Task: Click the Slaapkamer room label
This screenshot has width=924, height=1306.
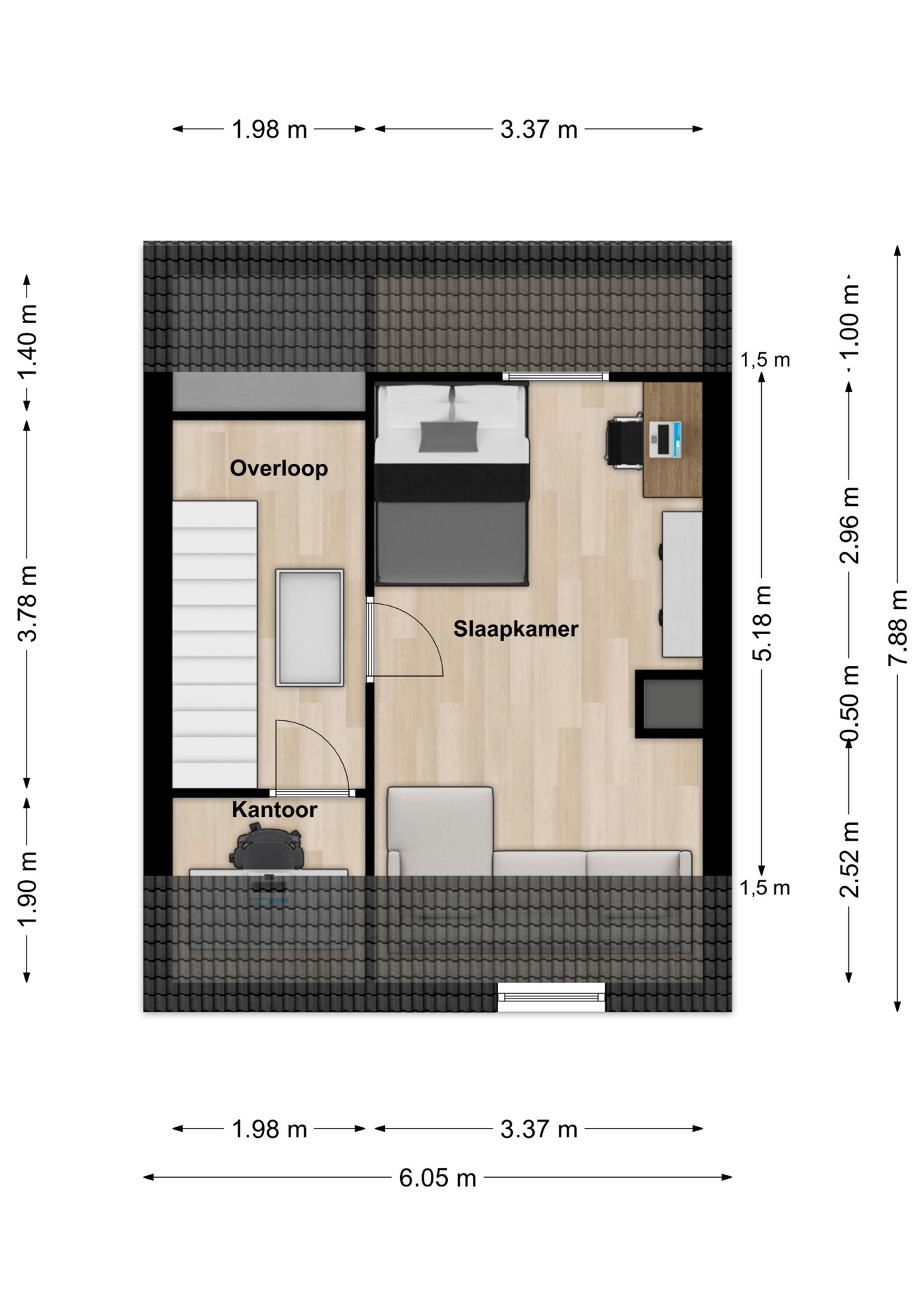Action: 516,629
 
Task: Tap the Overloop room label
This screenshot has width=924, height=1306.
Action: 279,469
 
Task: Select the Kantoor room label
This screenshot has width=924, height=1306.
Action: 274,809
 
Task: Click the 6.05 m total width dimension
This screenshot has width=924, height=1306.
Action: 438,1177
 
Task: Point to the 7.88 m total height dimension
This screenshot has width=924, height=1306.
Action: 898,628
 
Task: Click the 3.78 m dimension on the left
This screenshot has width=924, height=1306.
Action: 28,603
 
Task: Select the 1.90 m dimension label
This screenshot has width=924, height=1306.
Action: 28,889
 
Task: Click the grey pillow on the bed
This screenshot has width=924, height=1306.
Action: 448,436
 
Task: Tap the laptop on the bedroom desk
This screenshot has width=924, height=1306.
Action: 665,439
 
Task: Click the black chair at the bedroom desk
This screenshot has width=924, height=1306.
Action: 625,441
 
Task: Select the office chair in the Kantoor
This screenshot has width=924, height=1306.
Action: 266,847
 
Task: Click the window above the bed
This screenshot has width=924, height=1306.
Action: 556,377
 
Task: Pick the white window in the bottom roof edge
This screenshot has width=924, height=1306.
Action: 551,997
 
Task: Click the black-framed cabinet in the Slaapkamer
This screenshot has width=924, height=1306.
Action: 669,704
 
